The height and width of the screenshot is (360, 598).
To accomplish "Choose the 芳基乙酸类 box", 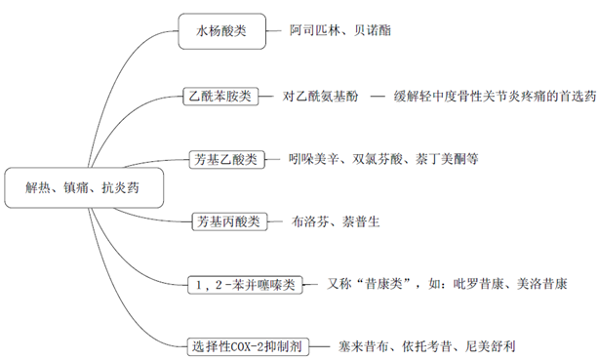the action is (x=226, y=158).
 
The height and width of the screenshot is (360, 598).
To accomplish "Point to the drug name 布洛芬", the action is (x=312, y=221).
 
